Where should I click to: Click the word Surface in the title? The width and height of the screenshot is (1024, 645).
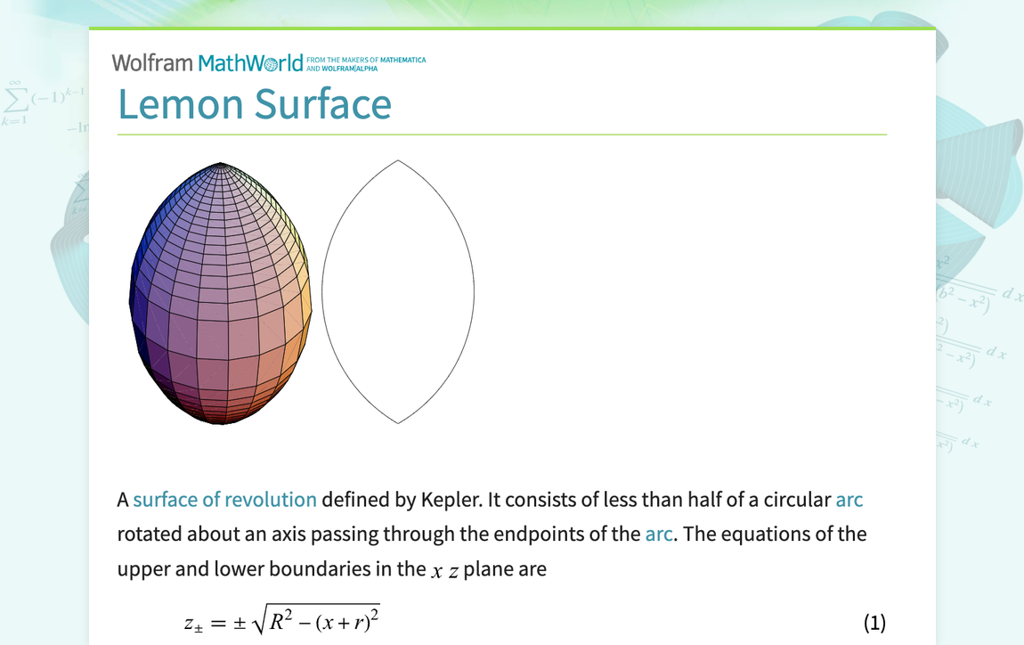click(322, 104)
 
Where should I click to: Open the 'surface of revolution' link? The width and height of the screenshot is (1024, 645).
click(224, 500)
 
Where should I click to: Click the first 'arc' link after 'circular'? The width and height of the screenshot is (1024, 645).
click(849, 500)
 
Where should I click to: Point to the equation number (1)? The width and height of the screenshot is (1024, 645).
click(874, 623)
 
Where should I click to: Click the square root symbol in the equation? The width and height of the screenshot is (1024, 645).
click(259, 621)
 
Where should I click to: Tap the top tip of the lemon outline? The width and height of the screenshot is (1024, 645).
click(398, 161)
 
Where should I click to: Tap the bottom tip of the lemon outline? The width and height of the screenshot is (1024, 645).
click(398, 423)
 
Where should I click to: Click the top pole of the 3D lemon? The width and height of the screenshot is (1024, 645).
click(220, 164)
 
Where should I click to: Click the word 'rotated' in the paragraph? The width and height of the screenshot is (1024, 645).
click(150, 535)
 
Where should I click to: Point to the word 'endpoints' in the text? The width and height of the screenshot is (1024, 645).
click(537, 535)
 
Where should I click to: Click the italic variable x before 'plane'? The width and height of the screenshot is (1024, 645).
click(436, 570)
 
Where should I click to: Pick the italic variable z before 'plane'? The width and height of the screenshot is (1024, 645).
click(453, 570)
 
